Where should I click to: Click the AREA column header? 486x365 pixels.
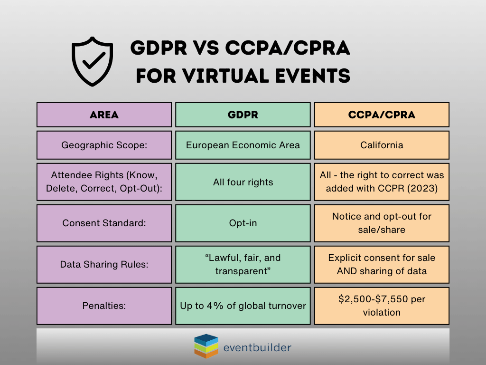click(104, 115)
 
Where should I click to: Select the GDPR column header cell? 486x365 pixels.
click(243, 115)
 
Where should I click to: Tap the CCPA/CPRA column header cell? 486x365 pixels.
click(382, 115)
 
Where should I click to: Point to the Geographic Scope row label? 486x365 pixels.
click(104, 145)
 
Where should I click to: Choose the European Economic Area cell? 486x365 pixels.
click(243, 145)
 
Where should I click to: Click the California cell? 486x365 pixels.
click(382, 145)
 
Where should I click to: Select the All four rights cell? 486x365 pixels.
click(243, 182)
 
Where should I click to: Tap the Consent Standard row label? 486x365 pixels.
click(104, 223)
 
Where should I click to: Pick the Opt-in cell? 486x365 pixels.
click(243, 223)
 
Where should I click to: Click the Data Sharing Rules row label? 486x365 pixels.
click(104, 265)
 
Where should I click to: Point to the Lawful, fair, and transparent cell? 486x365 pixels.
click(243, 265)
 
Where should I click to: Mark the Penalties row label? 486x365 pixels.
click(104, 306)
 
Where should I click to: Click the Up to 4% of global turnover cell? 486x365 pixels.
click(243, 306)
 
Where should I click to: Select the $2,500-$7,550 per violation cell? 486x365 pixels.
click(382, 306)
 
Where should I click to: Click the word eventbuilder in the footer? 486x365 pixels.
click(257, 347)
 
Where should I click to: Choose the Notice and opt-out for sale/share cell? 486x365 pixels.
click(382, 223)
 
